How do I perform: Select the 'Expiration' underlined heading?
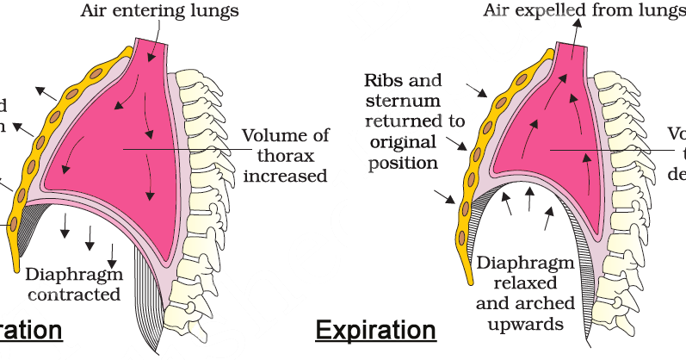point(375,330)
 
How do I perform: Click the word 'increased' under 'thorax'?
point(285,176)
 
